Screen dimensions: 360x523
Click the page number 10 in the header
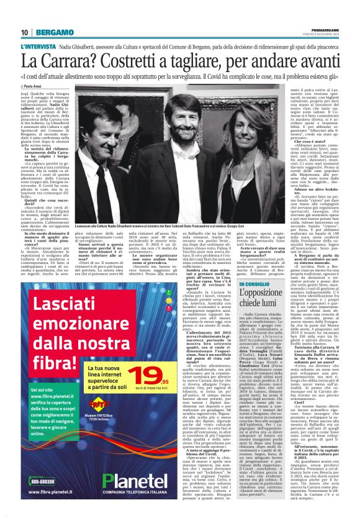(x=25, y=32)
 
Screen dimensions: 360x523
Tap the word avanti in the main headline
(x=313, y=61)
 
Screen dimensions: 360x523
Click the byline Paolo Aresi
(x=35, y=87)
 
